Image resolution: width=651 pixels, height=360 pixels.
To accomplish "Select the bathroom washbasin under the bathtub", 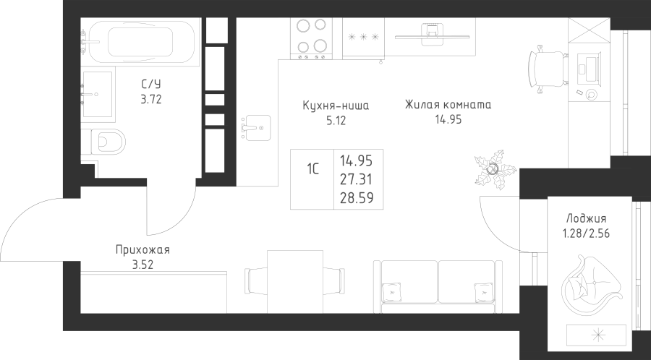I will click(x=96, y=94).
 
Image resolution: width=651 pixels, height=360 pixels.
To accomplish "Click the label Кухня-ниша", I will click(x=336, y=106).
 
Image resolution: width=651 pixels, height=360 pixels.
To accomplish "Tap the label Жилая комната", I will click(x=448, y=105).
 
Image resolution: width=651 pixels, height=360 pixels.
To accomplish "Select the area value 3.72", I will click(x=150, y=100).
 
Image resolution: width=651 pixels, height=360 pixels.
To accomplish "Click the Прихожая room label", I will click(x=142, y=250).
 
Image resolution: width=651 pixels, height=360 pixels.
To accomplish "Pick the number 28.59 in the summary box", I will click(x=357, y=196).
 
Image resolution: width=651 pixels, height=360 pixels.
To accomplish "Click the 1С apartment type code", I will click(x=313, y=171).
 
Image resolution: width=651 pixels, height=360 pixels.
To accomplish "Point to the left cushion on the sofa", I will click(x=393, y=289).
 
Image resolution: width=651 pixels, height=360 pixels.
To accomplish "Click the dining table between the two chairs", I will click(x=294, y=281).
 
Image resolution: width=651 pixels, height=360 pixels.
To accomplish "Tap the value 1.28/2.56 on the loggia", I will click(x=587, y=233).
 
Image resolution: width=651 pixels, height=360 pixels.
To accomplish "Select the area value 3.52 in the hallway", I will click(x=142, y=264).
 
